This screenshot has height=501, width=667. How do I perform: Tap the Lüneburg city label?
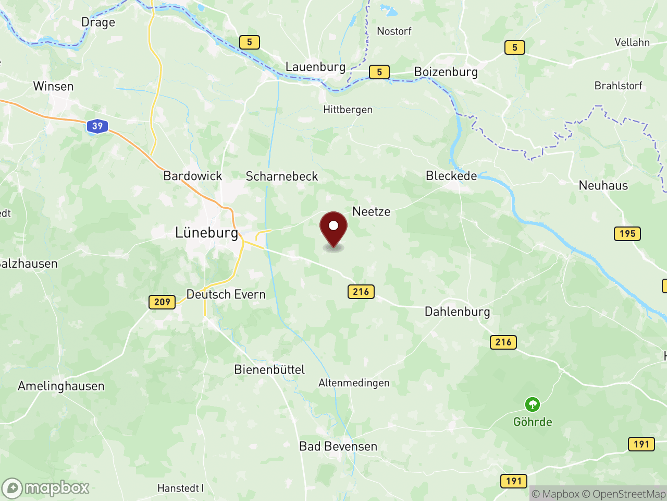point(206,233)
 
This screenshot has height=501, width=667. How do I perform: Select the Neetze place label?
point(371,211)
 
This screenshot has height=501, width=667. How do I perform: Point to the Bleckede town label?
point(451,176)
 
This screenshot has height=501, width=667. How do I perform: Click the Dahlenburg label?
point(457,312)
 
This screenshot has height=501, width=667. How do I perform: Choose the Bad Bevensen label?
point(338,446)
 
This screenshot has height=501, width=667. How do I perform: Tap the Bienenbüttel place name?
point(269,369)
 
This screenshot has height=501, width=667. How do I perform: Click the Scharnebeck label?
point(281,176)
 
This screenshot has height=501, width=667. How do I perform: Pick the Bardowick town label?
point(193,176)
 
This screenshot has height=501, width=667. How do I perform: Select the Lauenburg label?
point(315,67)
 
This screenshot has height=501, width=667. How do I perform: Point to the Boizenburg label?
point(446,72)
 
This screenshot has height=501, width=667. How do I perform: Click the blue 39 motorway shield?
point(97,126)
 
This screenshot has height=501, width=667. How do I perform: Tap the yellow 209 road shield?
point(162,302)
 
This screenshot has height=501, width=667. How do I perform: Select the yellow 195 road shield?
point(627,234)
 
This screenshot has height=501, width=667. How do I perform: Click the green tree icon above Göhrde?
point(532,404)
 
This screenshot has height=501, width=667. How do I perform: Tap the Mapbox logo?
point(46,488)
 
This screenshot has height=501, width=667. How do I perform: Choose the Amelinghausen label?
point(61,386)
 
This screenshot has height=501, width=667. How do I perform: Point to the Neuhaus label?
point(603,185)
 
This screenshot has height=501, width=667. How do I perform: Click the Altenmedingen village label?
point(354,383)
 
